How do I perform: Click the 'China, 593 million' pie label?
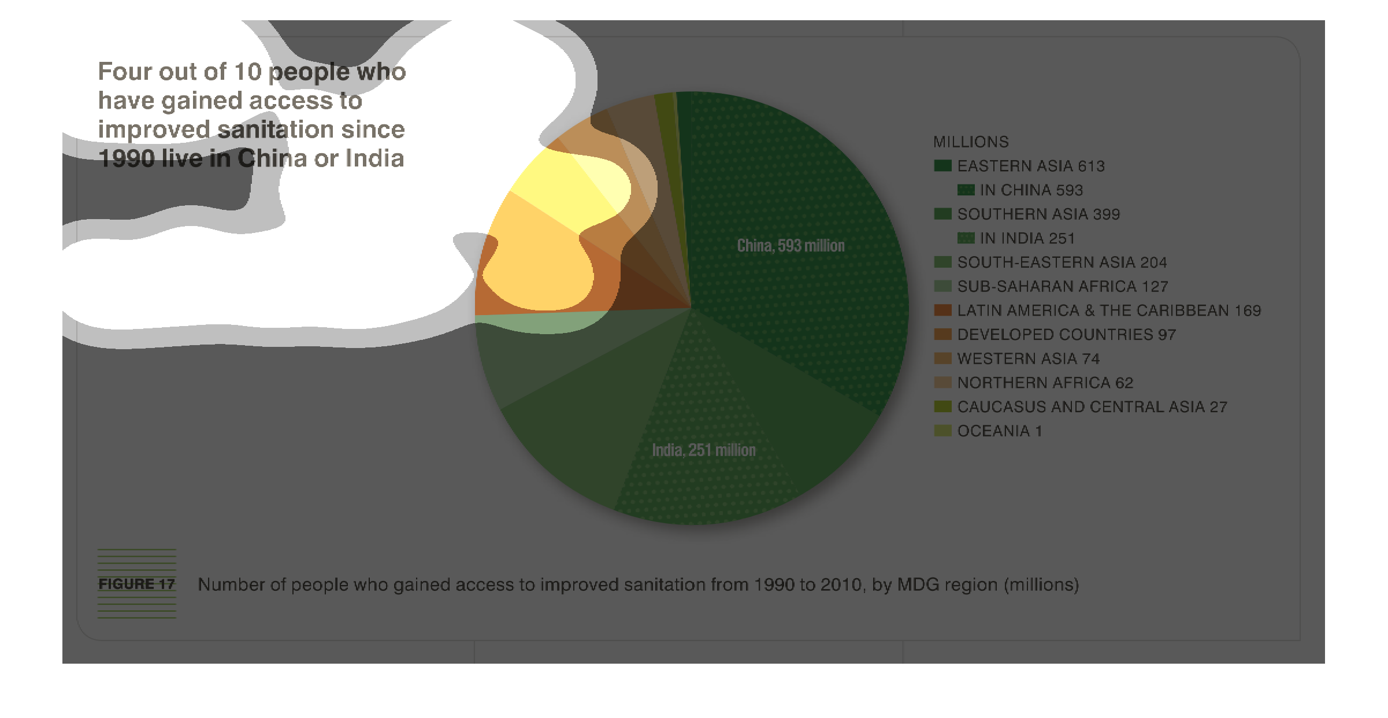791,246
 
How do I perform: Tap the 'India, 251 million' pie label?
704,450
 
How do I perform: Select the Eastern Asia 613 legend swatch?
942,166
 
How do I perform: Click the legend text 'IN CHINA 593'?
1031,190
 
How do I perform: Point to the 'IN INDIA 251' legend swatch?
966,238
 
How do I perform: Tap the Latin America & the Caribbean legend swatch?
942,310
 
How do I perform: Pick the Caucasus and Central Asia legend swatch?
942,406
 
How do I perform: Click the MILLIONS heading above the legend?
971,142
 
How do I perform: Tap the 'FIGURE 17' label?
136,584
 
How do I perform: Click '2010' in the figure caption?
841,584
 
